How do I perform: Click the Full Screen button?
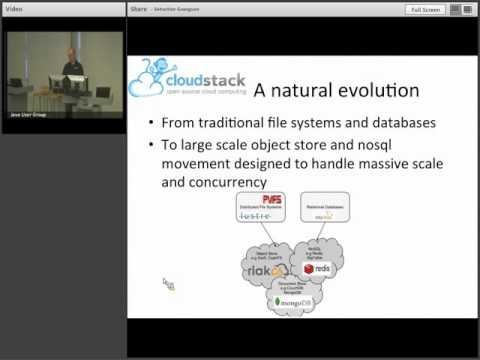(x=425, y=9)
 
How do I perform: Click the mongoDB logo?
(x=289, y=300)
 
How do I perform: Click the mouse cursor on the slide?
(x=168, y=284)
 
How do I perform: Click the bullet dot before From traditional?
(x=150, y=124)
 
